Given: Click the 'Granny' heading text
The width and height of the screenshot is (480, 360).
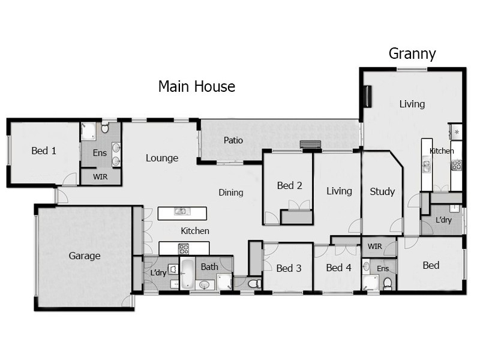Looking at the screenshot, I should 412,54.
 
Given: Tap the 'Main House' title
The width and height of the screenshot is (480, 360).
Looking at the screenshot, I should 196,86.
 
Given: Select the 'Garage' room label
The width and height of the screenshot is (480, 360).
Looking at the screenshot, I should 84,256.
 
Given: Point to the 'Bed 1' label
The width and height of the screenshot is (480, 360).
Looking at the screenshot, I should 44,151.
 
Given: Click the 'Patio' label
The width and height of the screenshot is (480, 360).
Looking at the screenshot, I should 233,140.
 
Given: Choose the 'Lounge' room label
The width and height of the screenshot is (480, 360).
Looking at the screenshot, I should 162,158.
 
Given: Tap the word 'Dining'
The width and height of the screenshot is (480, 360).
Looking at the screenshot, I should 231,193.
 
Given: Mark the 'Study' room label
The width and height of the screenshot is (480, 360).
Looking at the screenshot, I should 382,191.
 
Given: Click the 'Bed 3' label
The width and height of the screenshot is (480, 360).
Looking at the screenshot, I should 290,268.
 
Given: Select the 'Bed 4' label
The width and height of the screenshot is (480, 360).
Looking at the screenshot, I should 338,268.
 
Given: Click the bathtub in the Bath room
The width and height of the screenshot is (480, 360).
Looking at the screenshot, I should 187,273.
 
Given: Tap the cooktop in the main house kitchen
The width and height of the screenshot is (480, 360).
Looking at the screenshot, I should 184,248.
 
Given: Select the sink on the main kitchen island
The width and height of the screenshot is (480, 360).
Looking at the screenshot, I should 180,211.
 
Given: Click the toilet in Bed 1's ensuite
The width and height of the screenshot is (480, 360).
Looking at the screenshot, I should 105,128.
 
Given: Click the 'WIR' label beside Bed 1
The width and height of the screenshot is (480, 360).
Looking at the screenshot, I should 100,176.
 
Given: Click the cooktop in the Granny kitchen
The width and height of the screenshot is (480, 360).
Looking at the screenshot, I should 457,163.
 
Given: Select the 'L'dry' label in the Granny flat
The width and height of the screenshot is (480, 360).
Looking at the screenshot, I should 443,220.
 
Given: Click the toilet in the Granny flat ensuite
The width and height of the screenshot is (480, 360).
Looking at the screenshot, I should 388,283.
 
